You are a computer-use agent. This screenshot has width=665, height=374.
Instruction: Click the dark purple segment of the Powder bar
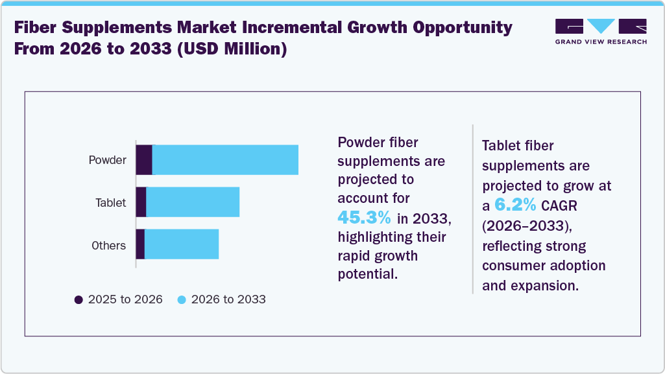144,159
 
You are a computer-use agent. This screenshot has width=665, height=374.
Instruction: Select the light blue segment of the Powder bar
225,159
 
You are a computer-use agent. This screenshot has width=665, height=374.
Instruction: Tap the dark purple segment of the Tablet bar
141,202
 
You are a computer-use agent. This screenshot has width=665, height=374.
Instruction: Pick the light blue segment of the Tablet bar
193,202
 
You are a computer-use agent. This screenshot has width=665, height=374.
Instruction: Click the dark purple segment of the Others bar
140,244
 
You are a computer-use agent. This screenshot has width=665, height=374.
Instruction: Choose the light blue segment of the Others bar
182,244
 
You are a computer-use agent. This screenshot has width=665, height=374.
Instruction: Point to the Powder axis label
107,160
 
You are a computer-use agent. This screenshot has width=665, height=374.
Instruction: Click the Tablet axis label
110,203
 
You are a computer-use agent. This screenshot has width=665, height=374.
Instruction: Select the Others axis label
108,246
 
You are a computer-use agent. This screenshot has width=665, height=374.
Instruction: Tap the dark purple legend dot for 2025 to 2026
79,299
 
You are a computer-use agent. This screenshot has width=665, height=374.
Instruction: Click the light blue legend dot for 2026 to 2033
182,299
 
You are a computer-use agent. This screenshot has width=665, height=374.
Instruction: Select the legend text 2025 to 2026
125,299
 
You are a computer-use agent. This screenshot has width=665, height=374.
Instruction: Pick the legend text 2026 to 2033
228,299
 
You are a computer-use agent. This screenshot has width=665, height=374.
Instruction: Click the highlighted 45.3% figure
364,216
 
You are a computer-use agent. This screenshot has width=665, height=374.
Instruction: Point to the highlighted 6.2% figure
515,205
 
